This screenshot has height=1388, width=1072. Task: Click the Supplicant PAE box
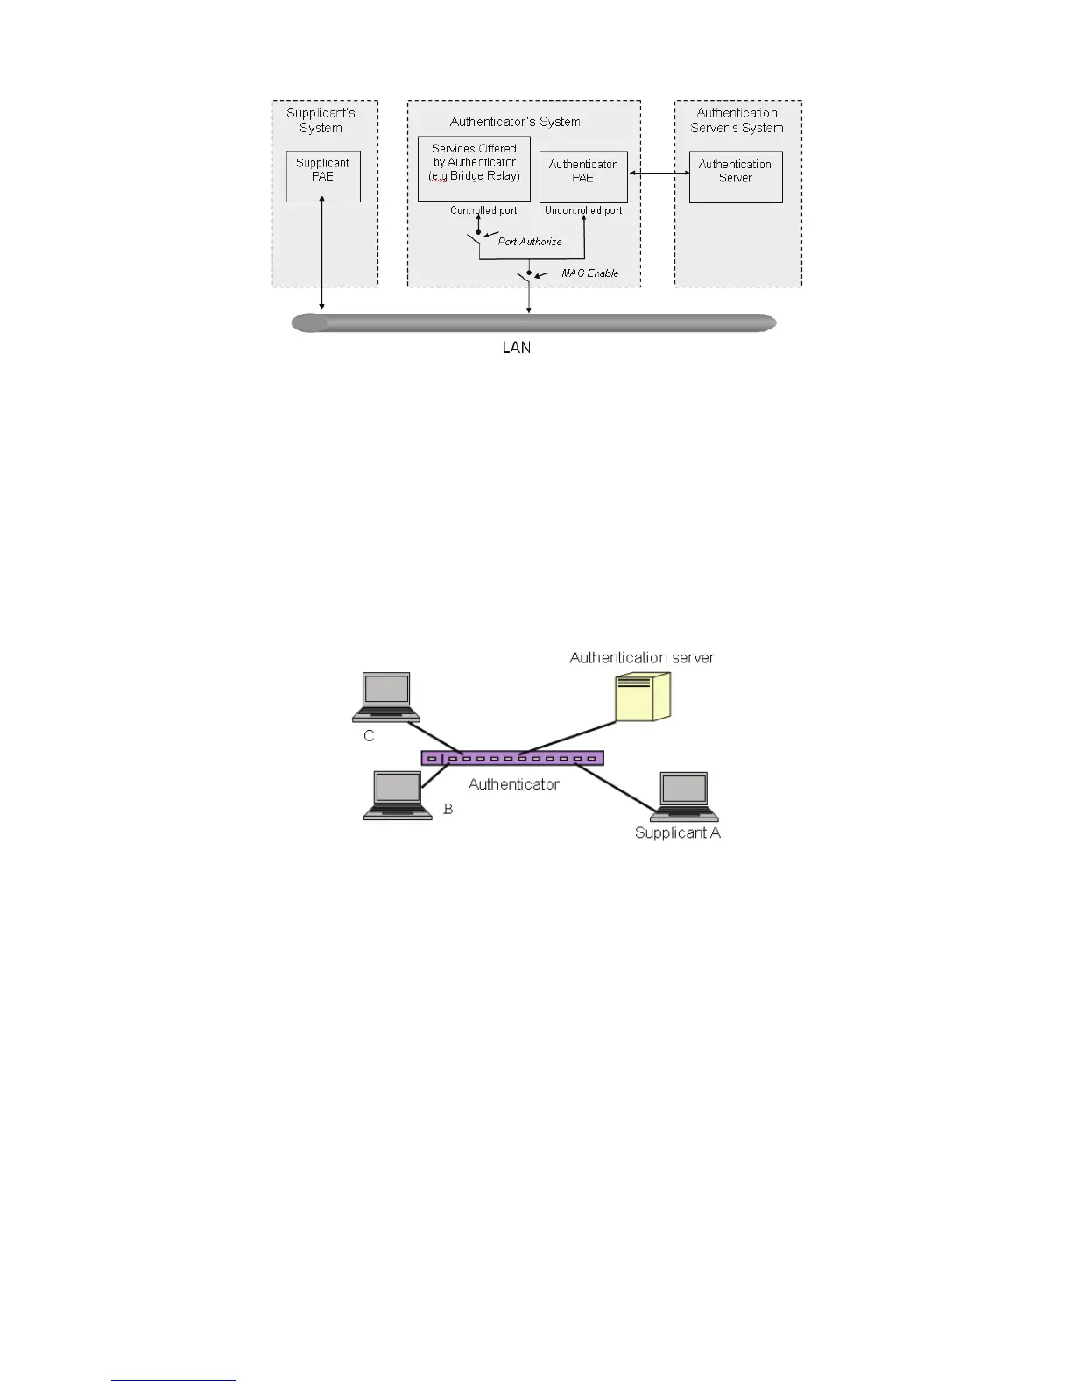pyautogui.click(x=323, y=176)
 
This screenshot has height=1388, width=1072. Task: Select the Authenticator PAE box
pyautogui.click(x=583, y=177)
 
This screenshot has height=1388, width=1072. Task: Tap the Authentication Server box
pyautogui.click(x=736, y=177)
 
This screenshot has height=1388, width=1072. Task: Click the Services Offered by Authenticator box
pyautogui.click(x=474, y=168)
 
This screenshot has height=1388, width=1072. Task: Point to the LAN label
pyautogui.click(x=517, y=348)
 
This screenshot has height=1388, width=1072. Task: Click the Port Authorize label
pyautogui.click(x=530, y=242)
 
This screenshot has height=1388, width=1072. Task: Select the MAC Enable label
pyautogui.click(x=590, y=273)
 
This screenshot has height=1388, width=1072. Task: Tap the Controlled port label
pyautogui.click(x=483, y=210)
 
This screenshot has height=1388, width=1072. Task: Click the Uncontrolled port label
pyautogui.click(x=583, y=210)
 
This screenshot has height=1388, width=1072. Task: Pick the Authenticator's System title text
pyautogui.click(x=515, y=122)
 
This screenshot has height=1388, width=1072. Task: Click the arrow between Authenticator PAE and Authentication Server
pyautogui.click(x=659, y=173)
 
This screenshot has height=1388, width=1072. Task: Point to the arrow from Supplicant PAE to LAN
pyautogui.click(x=323, y=254)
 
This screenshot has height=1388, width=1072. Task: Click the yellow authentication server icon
pyautogui.click(x=643, y=698)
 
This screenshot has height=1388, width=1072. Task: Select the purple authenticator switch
pyautogui.click(x=512, y=758)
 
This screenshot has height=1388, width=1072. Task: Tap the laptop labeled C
pyautogui.click(x=386, y=698)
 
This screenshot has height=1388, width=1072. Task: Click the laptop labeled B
pyautogui.click(x=398, y=796)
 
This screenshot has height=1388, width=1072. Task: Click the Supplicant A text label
pyautogui.click(x=678, y=833)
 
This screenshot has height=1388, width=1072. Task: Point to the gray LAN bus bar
pyautogui.click(x=534, y=323)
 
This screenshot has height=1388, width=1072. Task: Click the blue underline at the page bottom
pyautogui.click(x=173, y=1380)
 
